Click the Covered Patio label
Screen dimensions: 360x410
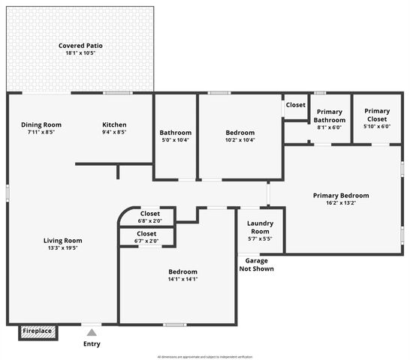pyautogui.click(x=80, y=46)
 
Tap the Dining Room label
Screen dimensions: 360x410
pyautogui.click(x=41, y=124)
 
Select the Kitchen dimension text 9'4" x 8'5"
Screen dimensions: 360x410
pyautogui.click(x=114, y=132)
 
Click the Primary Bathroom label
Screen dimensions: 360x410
pyautogui.click(x=329, y=116)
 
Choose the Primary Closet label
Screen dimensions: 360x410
pyautogui.click(x=377, y=116)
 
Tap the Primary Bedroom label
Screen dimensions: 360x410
pyautogui.click(x=341, y=196)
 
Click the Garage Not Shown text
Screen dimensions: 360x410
pyautogui.click(x=256, y=265)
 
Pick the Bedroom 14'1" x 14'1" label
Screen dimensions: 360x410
pyautogui.click(x=182, y=271)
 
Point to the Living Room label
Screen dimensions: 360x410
pyautogui.click(x=62, y=240)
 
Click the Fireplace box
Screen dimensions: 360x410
pyautogui.click(x=37, y=331)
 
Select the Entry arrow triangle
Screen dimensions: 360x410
pyautogui.click(x=91, y=331)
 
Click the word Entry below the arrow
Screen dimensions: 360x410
pyautogui.click(x=91, y=344)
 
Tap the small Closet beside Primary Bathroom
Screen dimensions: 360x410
pyautogui.click(x=295, y=106)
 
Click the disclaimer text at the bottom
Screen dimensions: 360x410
pyautogui.click(x=205, y=357)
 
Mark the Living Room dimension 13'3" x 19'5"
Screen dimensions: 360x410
pyautogui.click(x=62, y=247)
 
